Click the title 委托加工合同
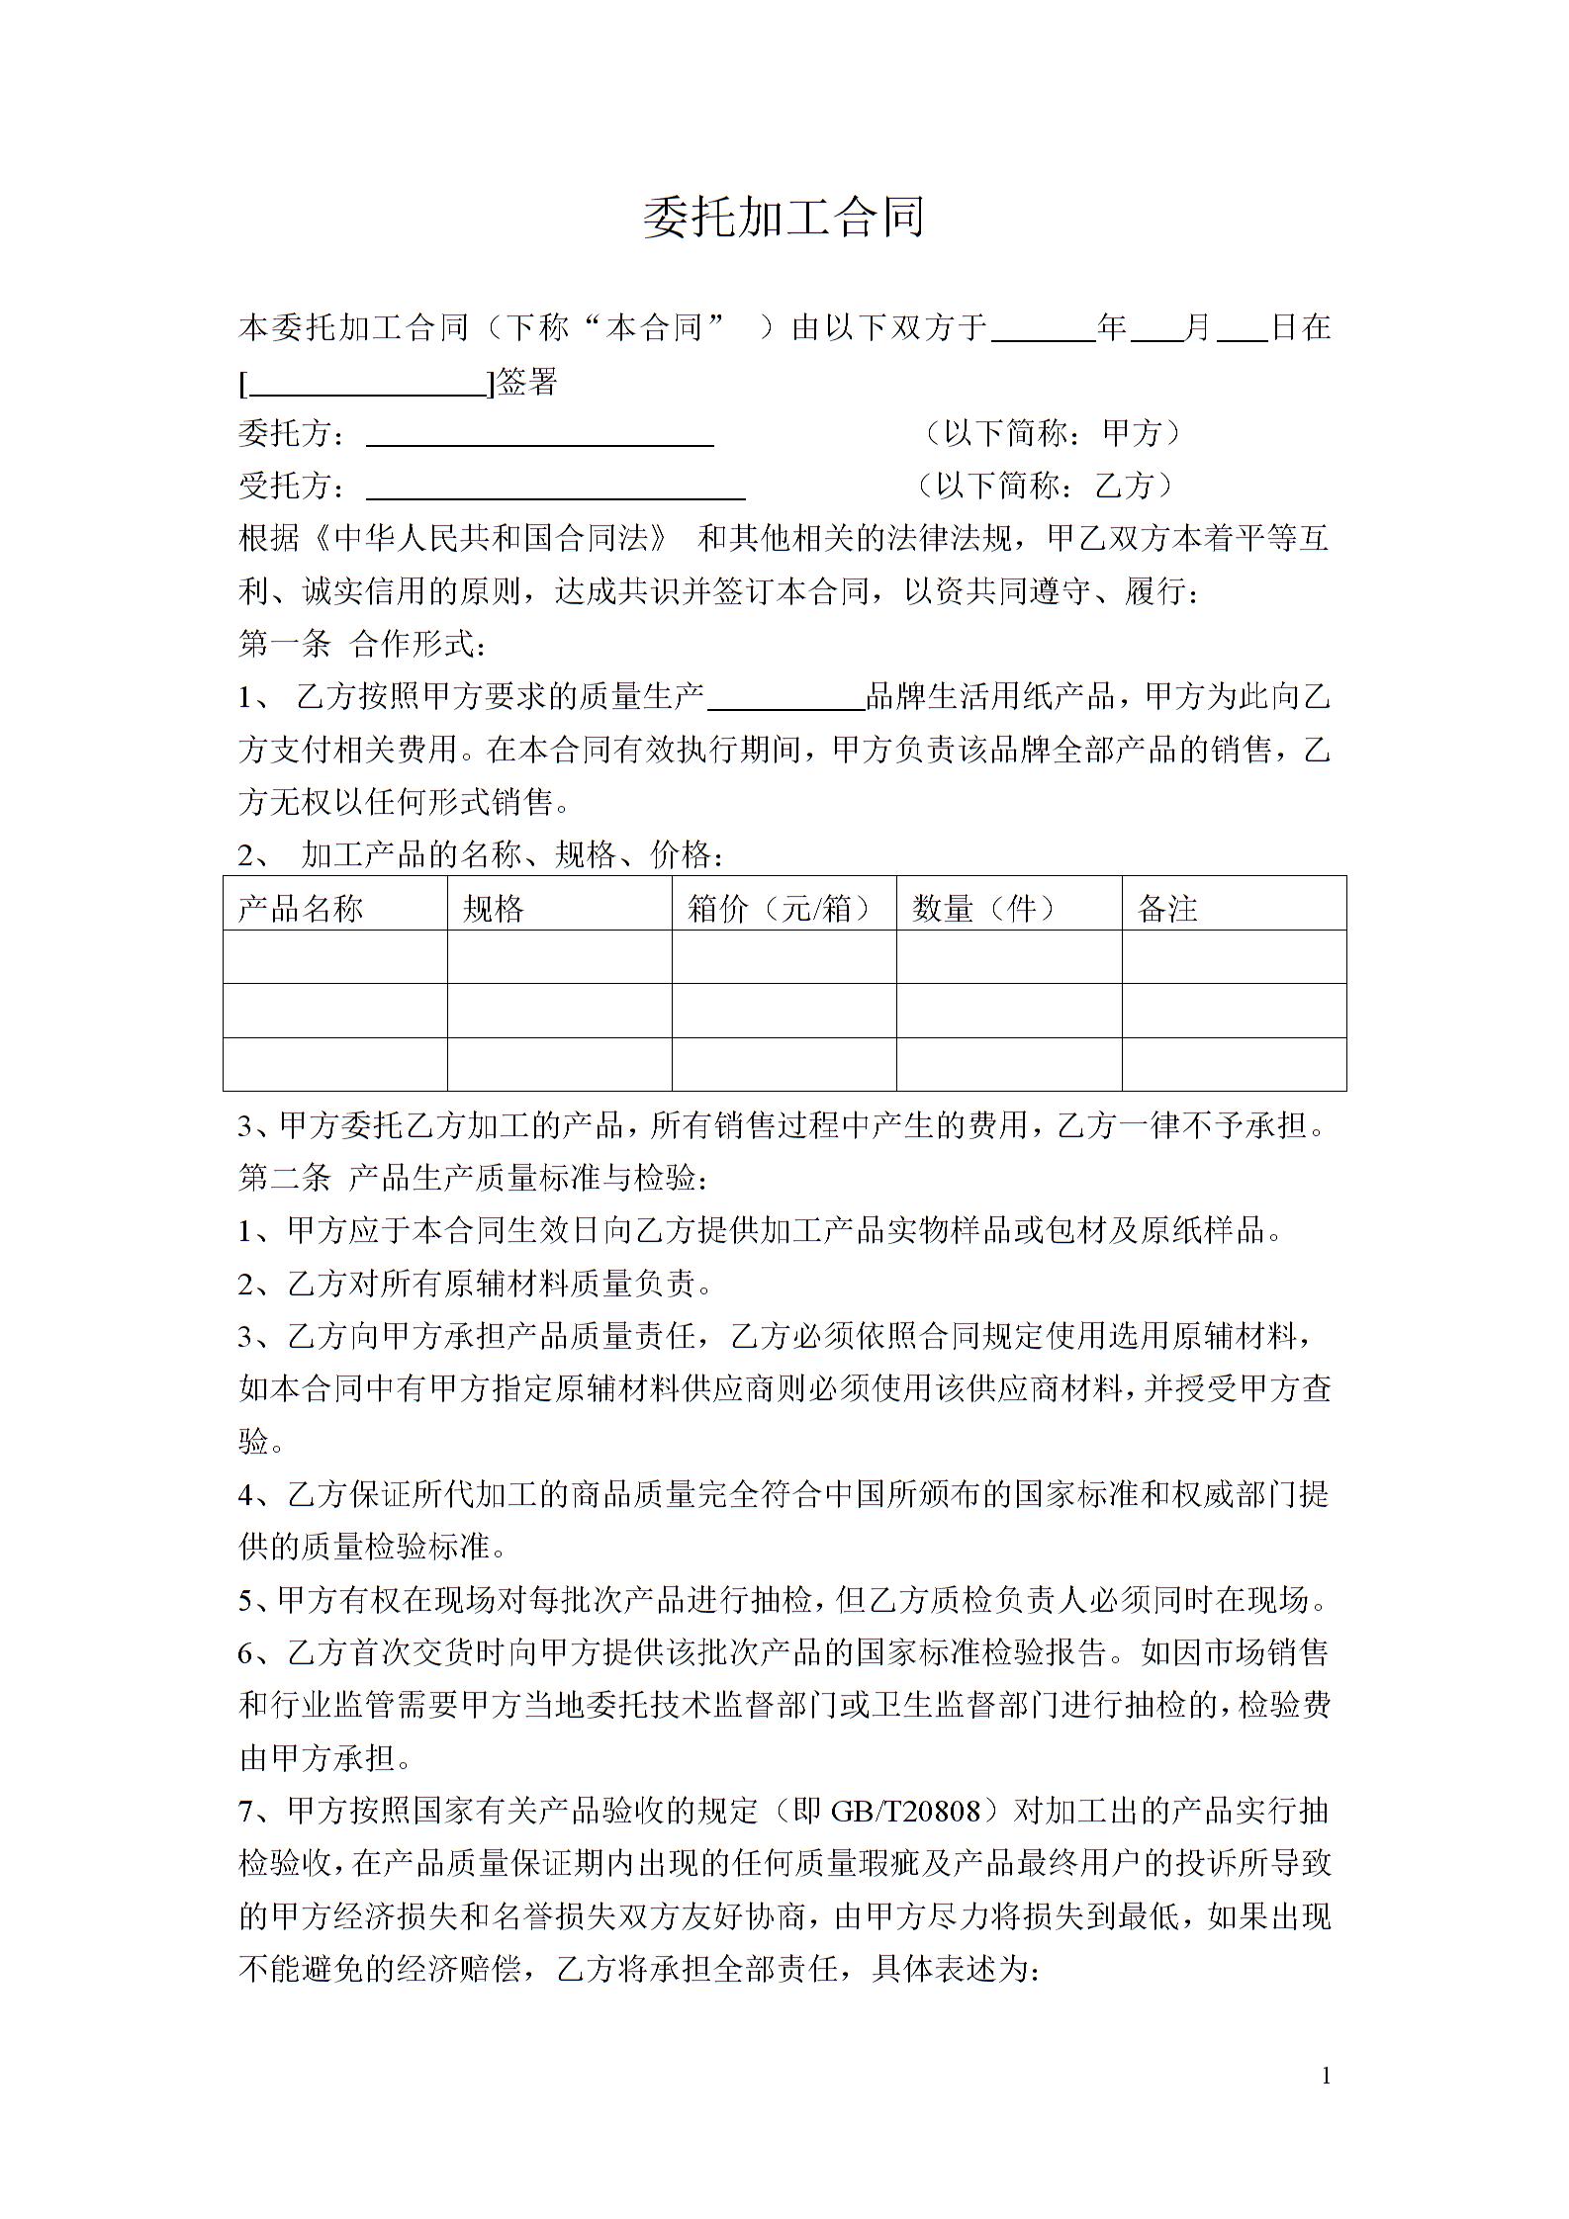(x=784, y=217)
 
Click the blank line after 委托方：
(x=539, y=436)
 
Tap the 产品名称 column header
(x=301, y=908)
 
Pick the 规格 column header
(x=494, y=908)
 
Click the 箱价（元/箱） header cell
(x=781, y=908)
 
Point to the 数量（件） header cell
(x=984, y=908)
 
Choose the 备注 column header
(x=1168, y=908)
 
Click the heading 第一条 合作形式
(x=362, y=645)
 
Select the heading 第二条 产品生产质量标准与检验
(x=473, y=1178)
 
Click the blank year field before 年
(x=1044, y=330)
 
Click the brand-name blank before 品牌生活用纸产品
(x=786, y=699)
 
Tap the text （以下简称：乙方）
(x=1044, y=486)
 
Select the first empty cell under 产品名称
(x=335, y=956)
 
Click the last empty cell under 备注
(x=1234, y=1064)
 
